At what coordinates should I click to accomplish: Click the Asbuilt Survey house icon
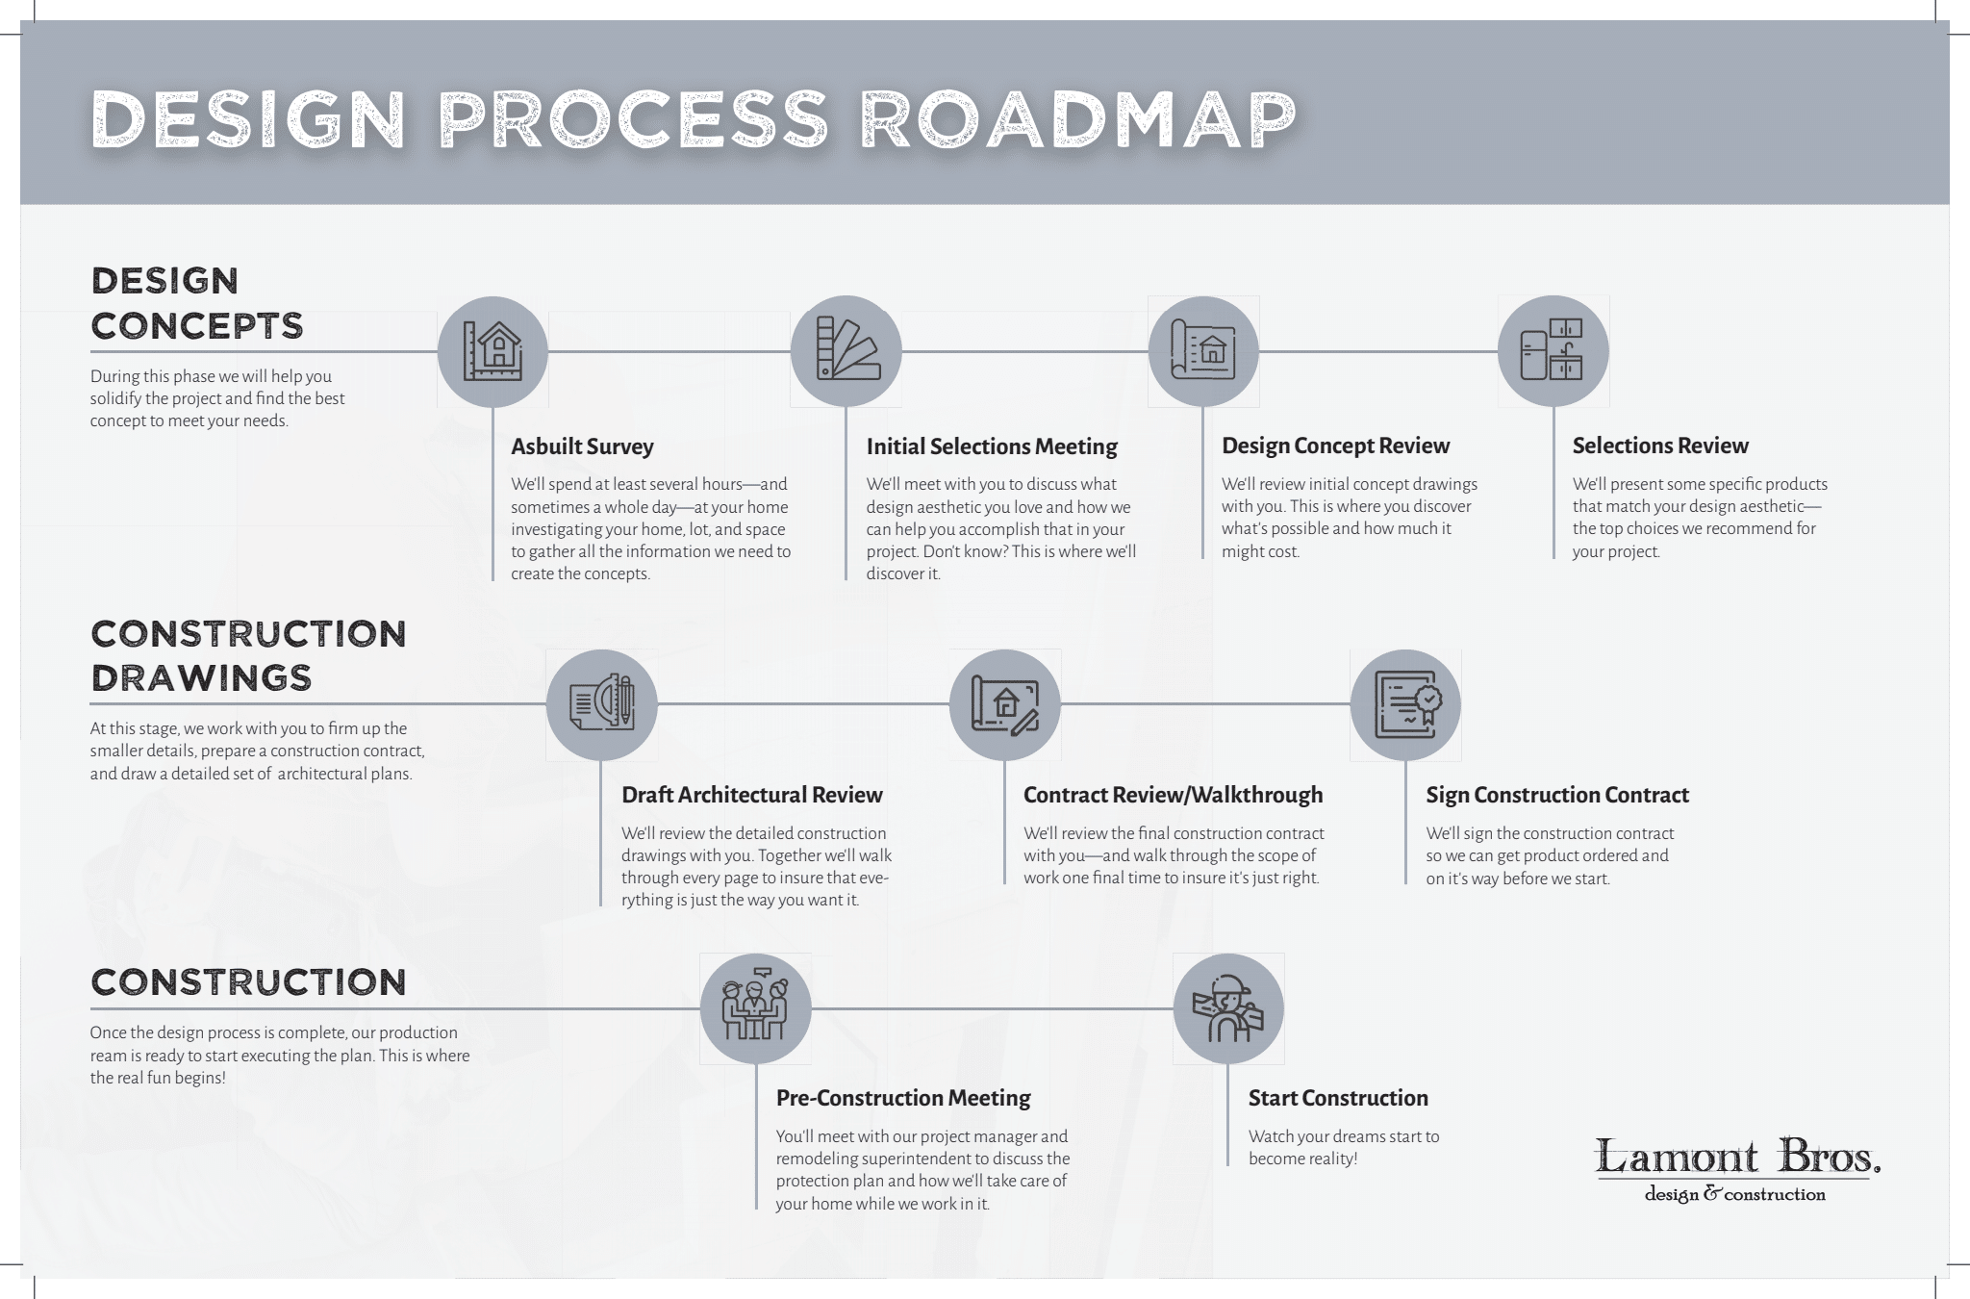tap(492, 351)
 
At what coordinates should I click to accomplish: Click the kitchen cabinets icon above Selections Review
tap(1553, 351)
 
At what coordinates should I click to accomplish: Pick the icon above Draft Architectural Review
tap(602, 704)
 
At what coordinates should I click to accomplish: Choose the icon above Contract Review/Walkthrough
tap(1005, 704)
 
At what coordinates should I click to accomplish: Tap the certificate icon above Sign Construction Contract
tap(1405, 704)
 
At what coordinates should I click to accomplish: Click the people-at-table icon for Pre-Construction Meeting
tap(756, 1008)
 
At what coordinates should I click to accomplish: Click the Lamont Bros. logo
tap(1737, 1170)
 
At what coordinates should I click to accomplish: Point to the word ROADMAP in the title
tap(1077, 121)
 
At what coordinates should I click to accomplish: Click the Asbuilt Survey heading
tap(582, 446)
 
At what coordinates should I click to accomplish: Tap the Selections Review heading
tap(1660, 446)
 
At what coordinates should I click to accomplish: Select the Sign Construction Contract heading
tap(1557, 795)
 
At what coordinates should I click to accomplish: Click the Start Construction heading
tap(1338, 1098)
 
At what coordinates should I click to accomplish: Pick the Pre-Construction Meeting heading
tap(903, 1098)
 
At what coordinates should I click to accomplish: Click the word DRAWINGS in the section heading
tap(202, 678)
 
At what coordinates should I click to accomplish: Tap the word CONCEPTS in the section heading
tap(197, 326)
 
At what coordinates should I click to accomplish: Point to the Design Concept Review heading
tap(1335, 446)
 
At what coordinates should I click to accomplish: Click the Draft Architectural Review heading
tap(752, 795)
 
